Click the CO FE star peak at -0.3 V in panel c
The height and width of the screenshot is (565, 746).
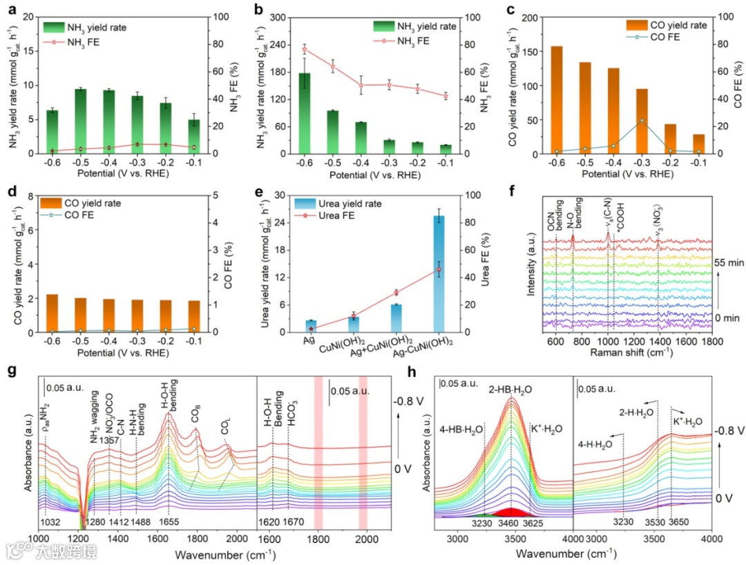pyautogui.click(x=642, y=120)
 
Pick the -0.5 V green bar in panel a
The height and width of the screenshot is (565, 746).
pyautogui.click(x=81, y=121)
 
